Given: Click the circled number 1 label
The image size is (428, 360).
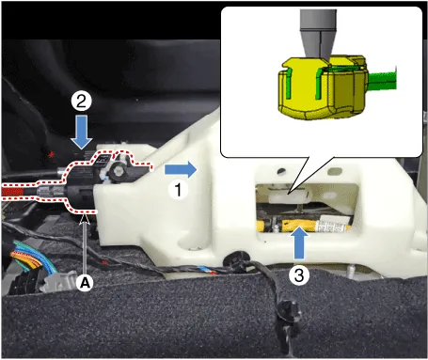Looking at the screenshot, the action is (x=178, y=190).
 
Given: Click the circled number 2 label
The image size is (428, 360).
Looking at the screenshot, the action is (x=81, y=101).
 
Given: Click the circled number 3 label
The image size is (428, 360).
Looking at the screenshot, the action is (x=299, y=275).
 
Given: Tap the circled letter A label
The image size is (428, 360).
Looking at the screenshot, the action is (x=85, y=283).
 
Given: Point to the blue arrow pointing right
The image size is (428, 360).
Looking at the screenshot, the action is (x=181, y=169).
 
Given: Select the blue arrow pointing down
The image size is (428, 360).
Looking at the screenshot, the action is (x=82, y=132).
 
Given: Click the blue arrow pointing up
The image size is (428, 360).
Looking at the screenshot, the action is (x=299, y=243).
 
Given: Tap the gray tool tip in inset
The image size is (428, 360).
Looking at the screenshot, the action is (x=318, y=35).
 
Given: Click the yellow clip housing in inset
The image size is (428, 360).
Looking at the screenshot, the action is (x=322, y=88).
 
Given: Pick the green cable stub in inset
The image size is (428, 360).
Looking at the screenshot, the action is (x=382, y=81).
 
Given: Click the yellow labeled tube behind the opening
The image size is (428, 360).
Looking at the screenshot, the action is (x=304, y=226).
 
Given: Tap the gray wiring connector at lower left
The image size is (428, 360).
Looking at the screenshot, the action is (x=59, y=281).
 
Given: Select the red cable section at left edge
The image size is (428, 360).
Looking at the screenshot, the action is (x=12, y=191).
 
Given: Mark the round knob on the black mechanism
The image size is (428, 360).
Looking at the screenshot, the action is (x=118, y=171).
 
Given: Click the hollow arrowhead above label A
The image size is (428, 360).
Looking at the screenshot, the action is (x=85, y=219).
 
